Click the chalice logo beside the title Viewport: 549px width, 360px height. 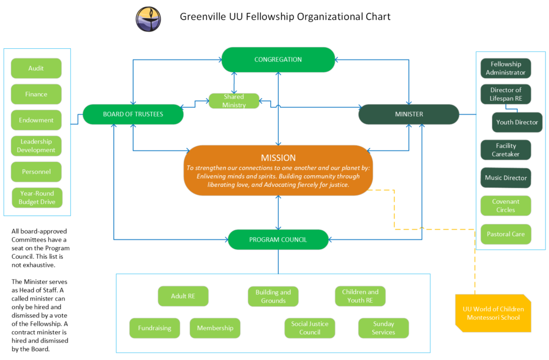149,19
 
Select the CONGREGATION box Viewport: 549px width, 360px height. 278,59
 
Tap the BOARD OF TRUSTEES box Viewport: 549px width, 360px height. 133,114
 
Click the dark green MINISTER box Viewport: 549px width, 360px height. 409,114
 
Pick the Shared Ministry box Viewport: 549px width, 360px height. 234,101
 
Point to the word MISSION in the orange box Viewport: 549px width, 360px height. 278,158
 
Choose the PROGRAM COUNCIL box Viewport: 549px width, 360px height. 278,239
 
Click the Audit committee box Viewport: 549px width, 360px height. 36,68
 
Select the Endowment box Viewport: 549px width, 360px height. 36,120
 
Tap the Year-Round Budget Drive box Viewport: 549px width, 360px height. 37,198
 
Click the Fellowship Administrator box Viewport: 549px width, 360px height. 506,68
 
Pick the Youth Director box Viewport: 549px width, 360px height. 517,122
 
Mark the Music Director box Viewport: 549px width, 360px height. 506,178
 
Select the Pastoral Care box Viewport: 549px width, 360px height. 506,234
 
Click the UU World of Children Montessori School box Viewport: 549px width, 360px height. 493,313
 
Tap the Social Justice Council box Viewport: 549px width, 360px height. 310,328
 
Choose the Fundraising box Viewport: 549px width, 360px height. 154,328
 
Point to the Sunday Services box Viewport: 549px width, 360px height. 383,328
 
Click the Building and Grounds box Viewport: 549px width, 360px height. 273,296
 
